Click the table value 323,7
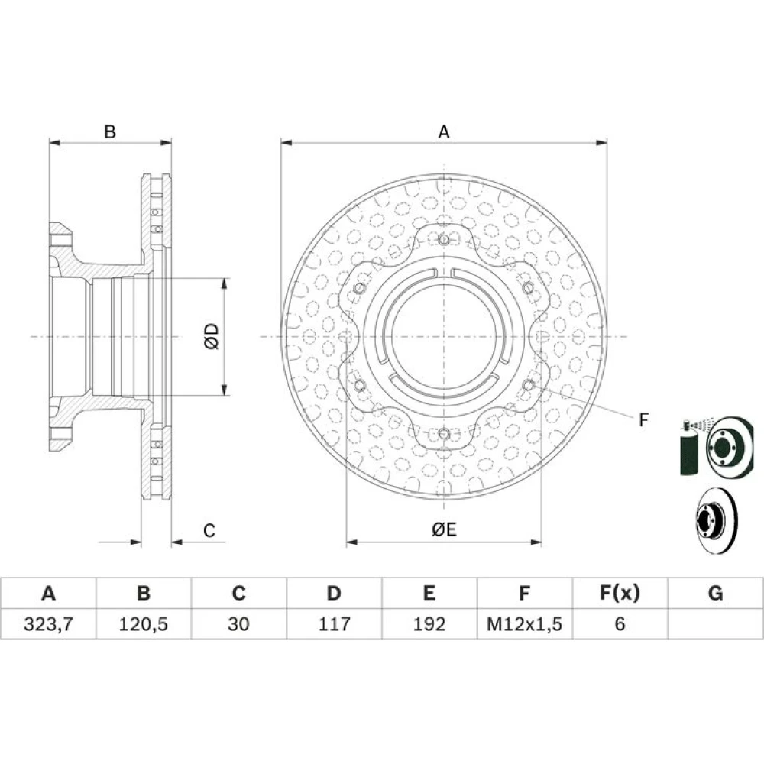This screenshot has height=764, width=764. click(x=48, y=623)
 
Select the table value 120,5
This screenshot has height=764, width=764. click(x=144, y=623)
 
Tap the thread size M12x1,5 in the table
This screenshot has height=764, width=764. click(x=524, y=623)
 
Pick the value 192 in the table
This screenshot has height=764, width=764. click(x=429, y=623)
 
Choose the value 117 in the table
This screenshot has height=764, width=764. click(x=335, y=623)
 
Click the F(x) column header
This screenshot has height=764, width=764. click(x=620, y=593)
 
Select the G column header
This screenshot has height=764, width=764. click(x=715, y=593)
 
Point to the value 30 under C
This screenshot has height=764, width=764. click(x=238, y=623)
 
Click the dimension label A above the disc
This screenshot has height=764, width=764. click(x=444, y=131)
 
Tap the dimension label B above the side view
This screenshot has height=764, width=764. click(x=110, y=131)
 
